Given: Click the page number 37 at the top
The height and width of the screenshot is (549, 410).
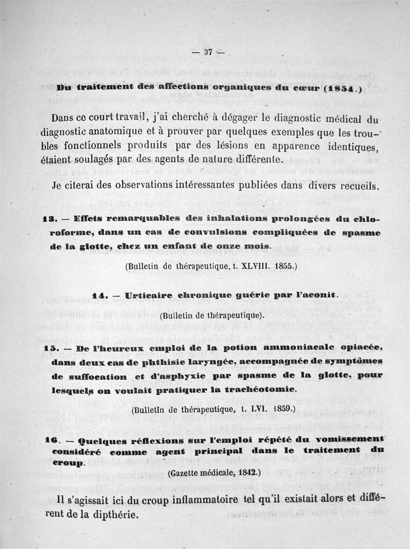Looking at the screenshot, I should point(208,51).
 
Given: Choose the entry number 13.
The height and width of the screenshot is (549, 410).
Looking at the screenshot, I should point(49,219).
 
